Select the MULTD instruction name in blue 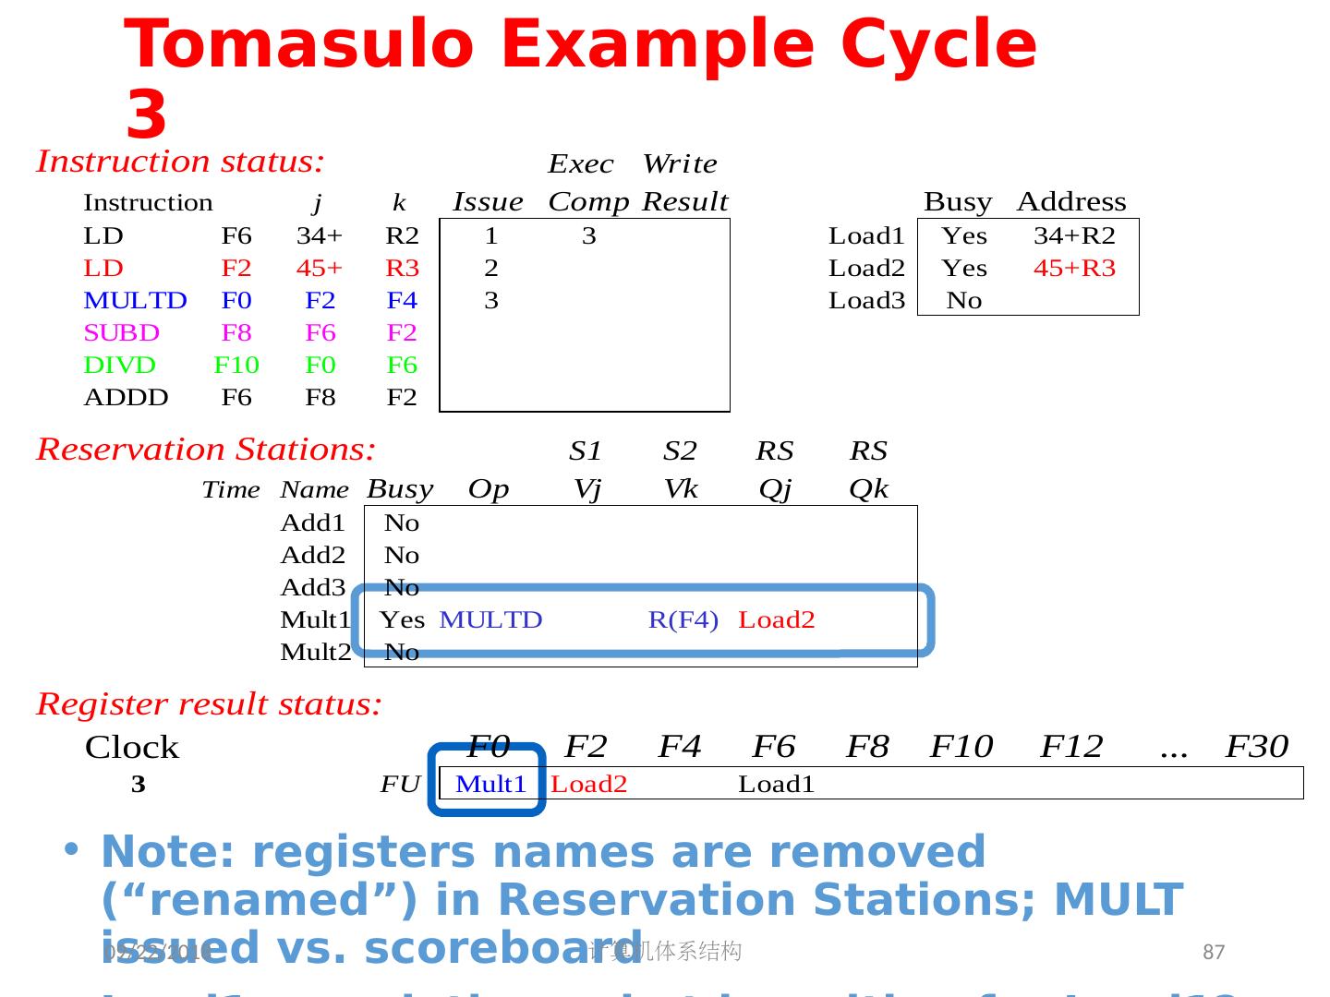(135, 301)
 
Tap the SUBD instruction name (121, 333)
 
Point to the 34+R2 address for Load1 (1074, 236)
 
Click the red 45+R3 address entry (1074, 269)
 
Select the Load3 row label (866, 301)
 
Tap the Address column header (1071, 202)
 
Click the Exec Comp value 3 (589, 236)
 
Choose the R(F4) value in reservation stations (683, 620)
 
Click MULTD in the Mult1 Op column (490, 620)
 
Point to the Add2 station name (313, 556)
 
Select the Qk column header (868, 489)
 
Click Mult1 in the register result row (490, 785)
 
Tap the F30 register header (1256, 747)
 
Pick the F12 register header (1071, 747)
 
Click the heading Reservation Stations (206, 450)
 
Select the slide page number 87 (1214, 953)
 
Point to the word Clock (132, 748)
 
